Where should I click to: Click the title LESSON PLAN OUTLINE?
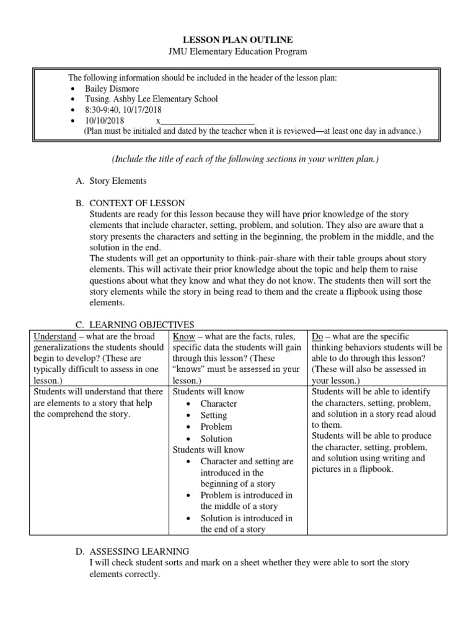[238, 40]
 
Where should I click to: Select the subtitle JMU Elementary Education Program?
[238, 52]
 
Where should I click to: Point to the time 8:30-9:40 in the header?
[103, 110]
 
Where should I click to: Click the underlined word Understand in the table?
[54, 336]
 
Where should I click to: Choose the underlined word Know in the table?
[183, 336]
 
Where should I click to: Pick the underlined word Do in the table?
[317, 336]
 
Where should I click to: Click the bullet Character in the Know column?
[218, 404]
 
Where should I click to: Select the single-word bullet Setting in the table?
[213, 415]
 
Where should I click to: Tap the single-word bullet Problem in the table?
[216, 427]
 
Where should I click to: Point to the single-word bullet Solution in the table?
[216, 438]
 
